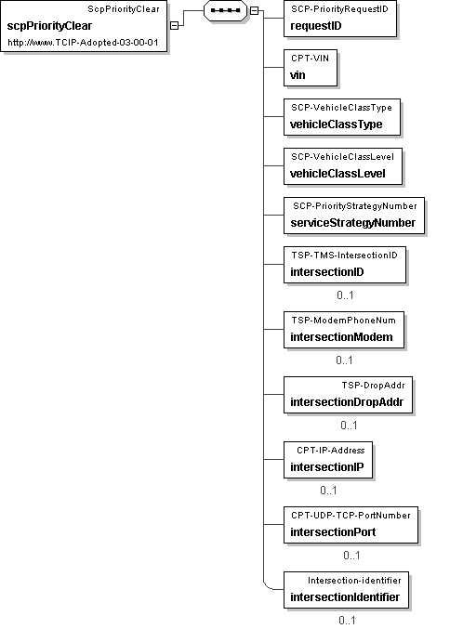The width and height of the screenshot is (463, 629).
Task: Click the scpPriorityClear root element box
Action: [x=84, y=26]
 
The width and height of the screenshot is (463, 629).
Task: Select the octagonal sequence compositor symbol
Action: [x=225, y=11]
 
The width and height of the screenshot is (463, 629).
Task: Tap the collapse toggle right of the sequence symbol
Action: [x=254, y=11]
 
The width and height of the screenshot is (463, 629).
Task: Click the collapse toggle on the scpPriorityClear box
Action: [x=174, y=25]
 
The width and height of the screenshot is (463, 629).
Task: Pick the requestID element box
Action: [x=340, y=19]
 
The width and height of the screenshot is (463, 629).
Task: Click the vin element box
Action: [x=311, y=68]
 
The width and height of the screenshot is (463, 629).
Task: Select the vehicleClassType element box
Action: [x=342, y=117]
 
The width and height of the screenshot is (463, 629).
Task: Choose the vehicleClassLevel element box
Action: [x=343, y=166]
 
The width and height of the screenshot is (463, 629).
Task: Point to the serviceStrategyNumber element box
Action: [x=354, y=216]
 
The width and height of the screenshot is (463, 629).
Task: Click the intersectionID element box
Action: [x=345, y=265]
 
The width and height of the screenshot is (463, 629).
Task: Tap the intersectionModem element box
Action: [x=344, y=330]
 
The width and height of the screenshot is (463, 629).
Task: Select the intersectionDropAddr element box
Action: [x=348, y=395]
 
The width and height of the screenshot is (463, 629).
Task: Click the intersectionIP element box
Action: [x=328, y=460]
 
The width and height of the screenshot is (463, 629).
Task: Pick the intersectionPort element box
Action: [x=351, y=525]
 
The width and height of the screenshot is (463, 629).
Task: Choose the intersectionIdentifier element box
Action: [x=346, y=590]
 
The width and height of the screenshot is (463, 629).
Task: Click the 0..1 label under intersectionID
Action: [x=345, y=295]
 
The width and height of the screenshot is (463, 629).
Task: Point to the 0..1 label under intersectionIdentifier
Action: [x=347, y=621]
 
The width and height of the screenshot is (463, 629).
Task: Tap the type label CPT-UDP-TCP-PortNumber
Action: [x=351, y=516]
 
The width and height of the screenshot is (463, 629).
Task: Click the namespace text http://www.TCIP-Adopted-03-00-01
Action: [x=83, y=43]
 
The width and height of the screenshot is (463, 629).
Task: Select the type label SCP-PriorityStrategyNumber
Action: [x=355, y=206]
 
